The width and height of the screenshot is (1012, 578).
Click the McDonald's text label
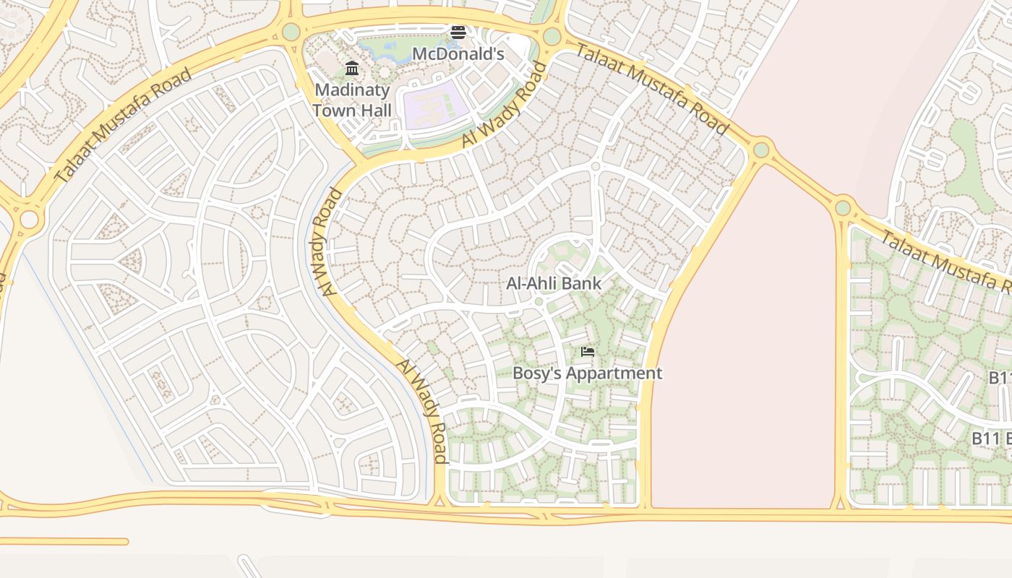(x=458, y=53)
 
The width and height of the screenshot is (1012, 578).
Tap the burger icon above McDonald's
(x=458, y=32)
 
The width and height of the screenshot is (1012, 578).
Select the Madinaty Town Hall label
(x=352, y=100)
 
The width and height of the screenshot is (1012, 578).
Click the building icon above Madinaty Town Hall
(x=352, y=69)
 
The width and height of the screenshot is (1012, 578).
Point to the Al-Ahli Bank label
(x=554, y=283)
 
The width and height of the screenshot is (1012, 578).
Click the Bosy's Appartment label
(x=587, y=374)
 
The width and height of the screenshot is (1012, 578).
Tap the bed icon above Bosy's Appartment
(x=588, y=352)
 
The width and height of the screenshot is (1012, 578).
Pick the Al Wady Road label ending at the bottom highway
(x=422, y=411)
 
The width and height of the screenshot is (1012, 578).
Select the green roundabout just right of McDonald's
(x=552, y=36)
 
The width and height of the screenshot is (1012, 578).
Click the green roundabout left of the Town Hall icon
(x=291, y=32)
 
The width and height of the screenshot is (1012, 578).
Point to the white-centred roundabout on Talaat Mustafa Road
(x=29, y=219)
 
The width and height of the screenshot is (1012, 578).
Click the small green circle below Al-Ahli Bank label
(x=539, y=301)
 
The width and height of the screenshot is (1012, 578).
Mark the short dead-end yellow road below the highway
(x=65, y=541)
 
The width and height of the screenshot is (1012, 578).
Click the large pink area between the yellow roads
(x=745, y=340)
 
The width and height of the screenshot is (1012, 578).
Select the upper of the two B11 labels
(x=1000, y=378)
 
